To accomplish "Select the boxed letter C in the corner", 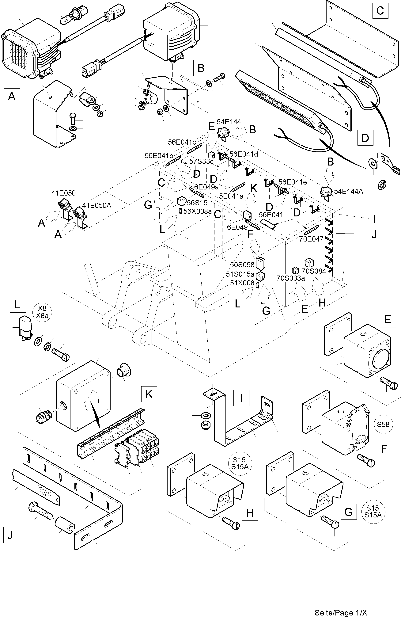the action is point(380,11).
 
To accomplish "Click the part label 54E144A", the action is point(348,192).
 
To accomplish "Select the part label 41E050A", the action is point(97,206).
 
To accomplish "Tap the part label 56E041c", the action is point(182,142).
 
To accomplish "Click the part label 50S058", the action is point(242,265).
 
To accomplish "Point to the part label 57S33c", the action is point(201,161).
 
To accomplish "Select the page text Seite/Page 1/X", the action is point(341,612).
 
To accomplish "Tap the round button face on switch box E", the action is point(381,361).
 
